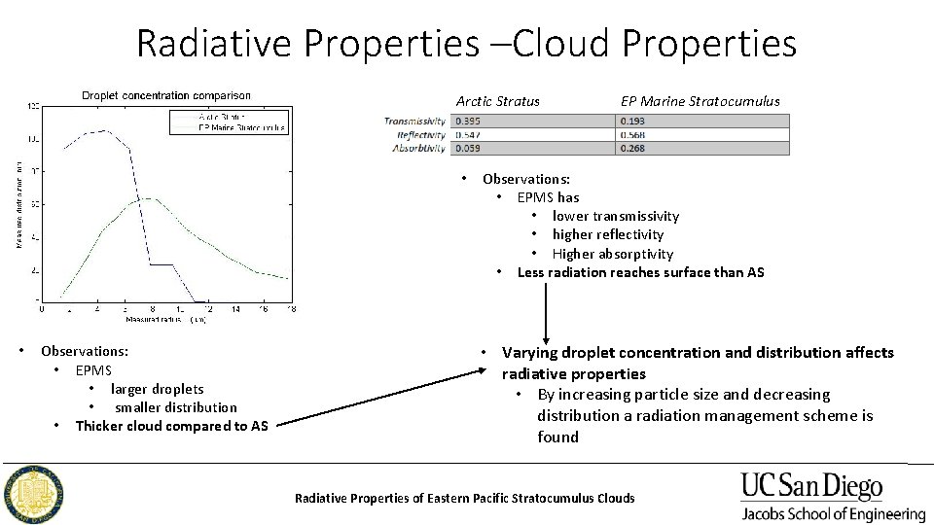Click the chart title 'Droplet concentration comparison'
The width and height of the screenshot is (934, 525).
click(165, 95)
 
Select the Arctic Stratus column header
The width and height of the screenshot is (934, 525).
click(497, 101)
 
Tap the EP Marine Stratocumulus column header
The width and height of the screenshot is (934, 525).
click(700, 101)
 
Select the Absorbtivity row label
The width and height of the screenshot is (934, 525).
click(418, 149)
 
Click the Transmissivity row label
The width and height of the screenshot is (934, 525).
click(414, 122)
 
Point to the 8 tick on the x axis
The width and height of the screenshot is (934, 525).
click(153, 310)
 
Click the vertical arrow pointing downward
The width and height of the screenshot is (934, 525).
click(546, 311)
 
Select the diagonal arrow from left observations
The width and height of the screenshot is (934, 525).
click(375, 397)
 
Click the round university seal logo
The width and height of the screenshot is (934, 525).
click(34, 495)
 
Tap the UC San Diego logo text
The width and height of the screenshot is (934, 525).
click(811, 486)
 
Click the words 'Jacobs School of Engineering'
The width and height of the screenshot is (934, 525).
click(833, 513)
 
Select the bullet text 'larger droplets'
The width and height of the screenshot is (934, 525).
click(157, 389)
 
